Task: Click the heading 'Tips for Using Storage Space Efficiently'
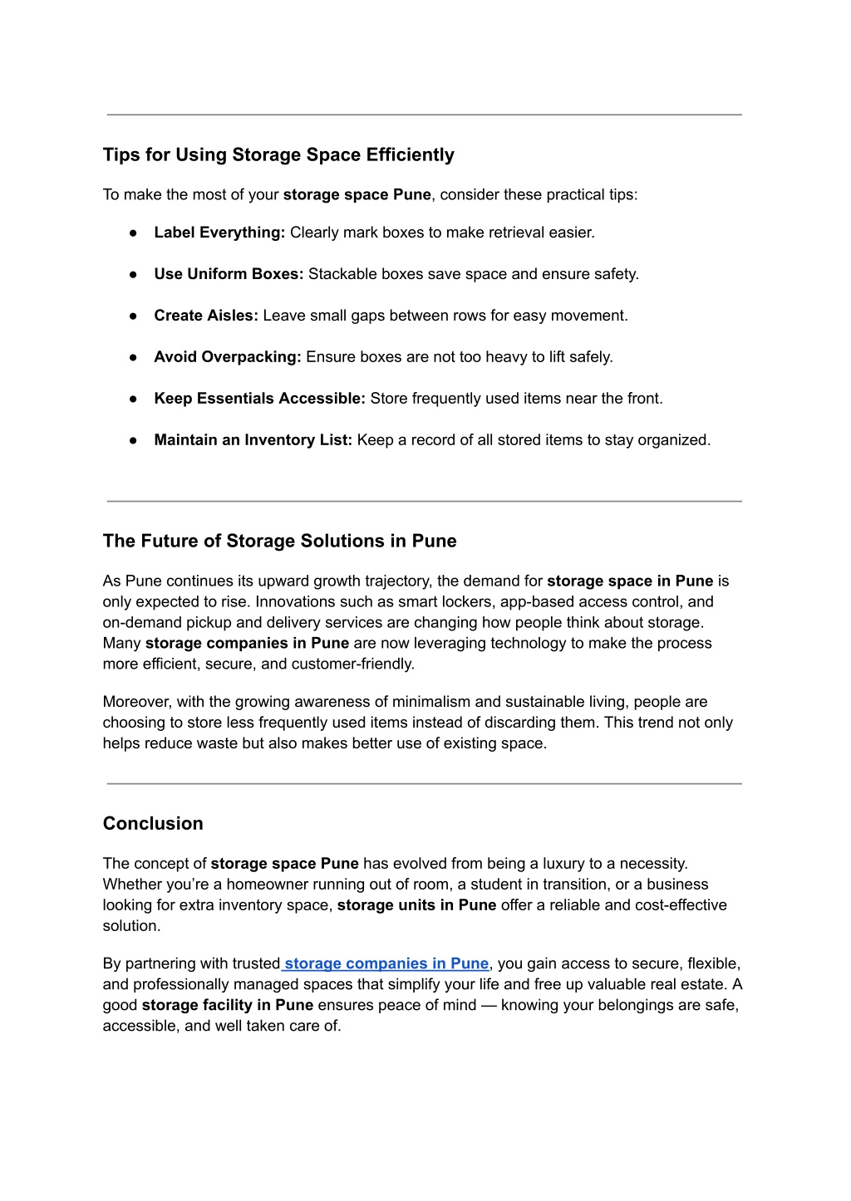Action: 278,155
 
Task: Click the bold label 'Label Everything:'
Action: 219,233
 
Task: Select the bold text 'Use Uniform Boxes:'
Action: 229,274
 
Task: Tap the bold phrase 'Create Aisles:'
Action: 206,316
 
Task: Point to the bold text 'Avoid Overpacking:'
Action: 228,357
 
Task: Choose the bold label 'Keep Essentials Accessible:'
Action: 259,399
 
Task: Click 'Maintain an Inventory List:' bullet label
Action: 253,440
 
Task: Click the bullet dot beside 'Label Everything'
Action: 133,233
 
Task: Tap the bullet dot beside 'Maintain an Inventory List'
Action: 133,441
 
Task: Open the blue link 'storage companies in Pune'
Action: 386,963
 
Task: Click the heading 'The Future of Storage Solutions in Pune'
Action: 279,542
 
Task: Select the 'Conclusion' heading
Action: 153,824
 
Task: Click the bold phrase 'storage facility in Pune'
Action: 228,1005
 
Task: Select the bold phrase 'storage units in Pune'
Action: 416,905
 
